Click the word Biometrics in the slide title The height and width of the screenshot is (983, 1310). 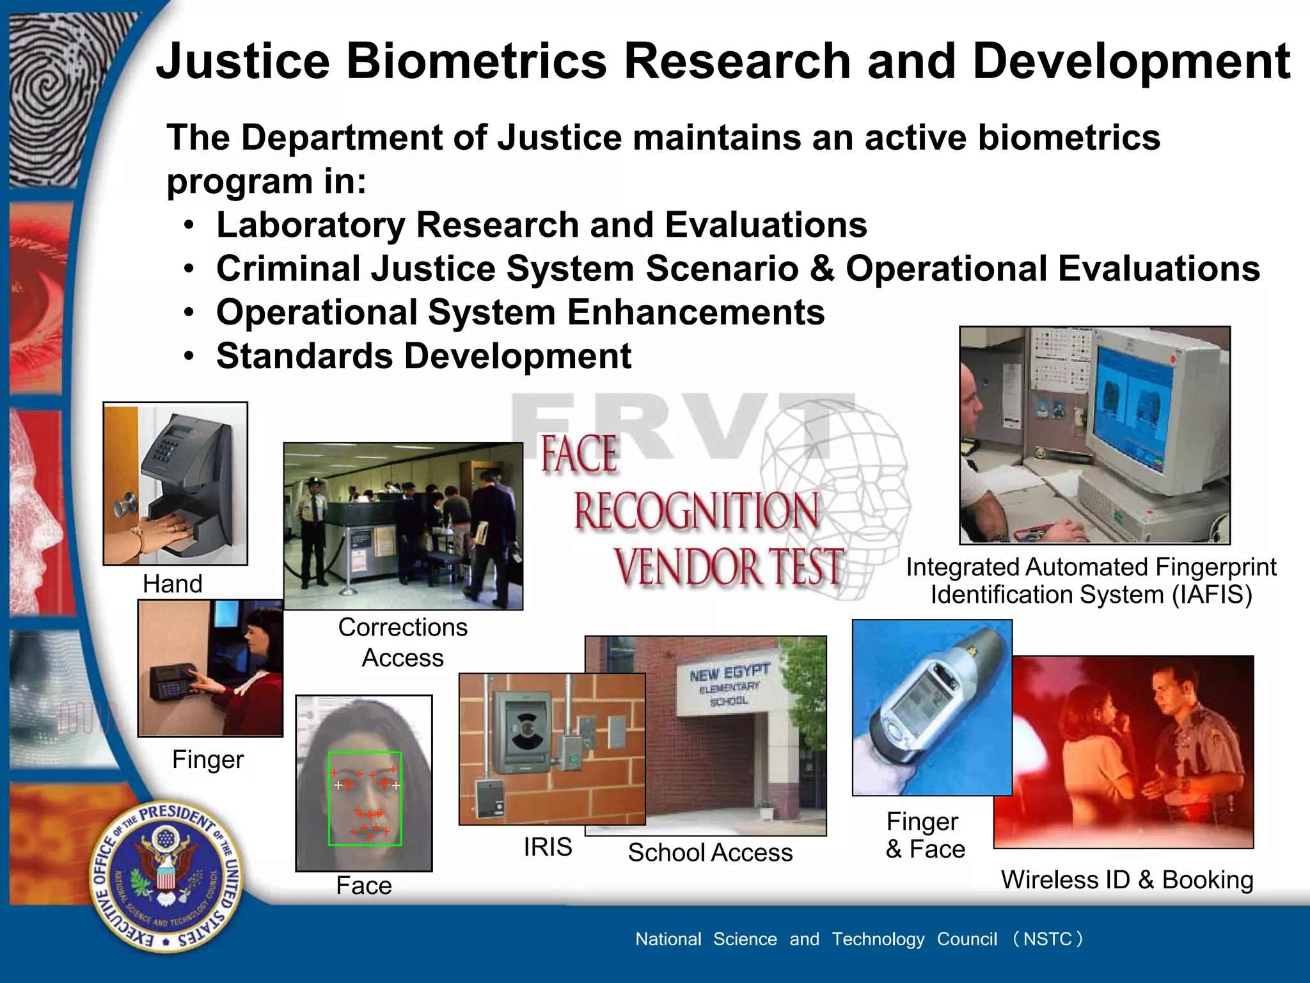click(x=476, y=61)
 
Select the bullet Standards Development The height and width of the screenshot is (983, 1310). click(x=423, y=356)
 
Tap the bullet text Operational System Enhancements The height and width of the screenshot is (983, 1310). click(x=520, y=312)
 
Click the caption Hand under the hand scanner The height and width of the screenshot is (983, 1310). click(x=172, y=584)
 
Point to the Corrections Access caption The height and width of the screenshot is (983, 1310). click(x=402, y=643)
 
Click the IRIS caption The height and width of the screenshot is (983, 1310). click(x=548, y=847)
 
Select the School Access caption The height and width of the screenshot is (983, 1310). click(x=710, y=852)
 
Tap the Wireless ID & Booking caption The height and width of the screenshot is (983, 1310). click(x=1126, y=880)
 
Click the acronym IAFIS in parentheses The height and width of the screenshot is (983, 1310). click(x=1211, y=595)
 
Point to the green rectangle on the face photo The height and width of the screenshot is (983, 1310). click(x=365, y=798)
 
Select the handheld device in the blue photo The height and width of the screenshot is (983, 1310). click(x=921, y=704)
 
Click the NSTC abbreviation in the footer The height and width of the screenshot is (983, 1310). click(x=1047, y=939)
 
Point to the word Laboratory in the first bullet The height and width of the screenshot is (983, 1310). click(x=310, y=225)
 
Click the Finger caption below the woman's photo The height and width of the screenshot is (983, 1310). click(x=208, y=760)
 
